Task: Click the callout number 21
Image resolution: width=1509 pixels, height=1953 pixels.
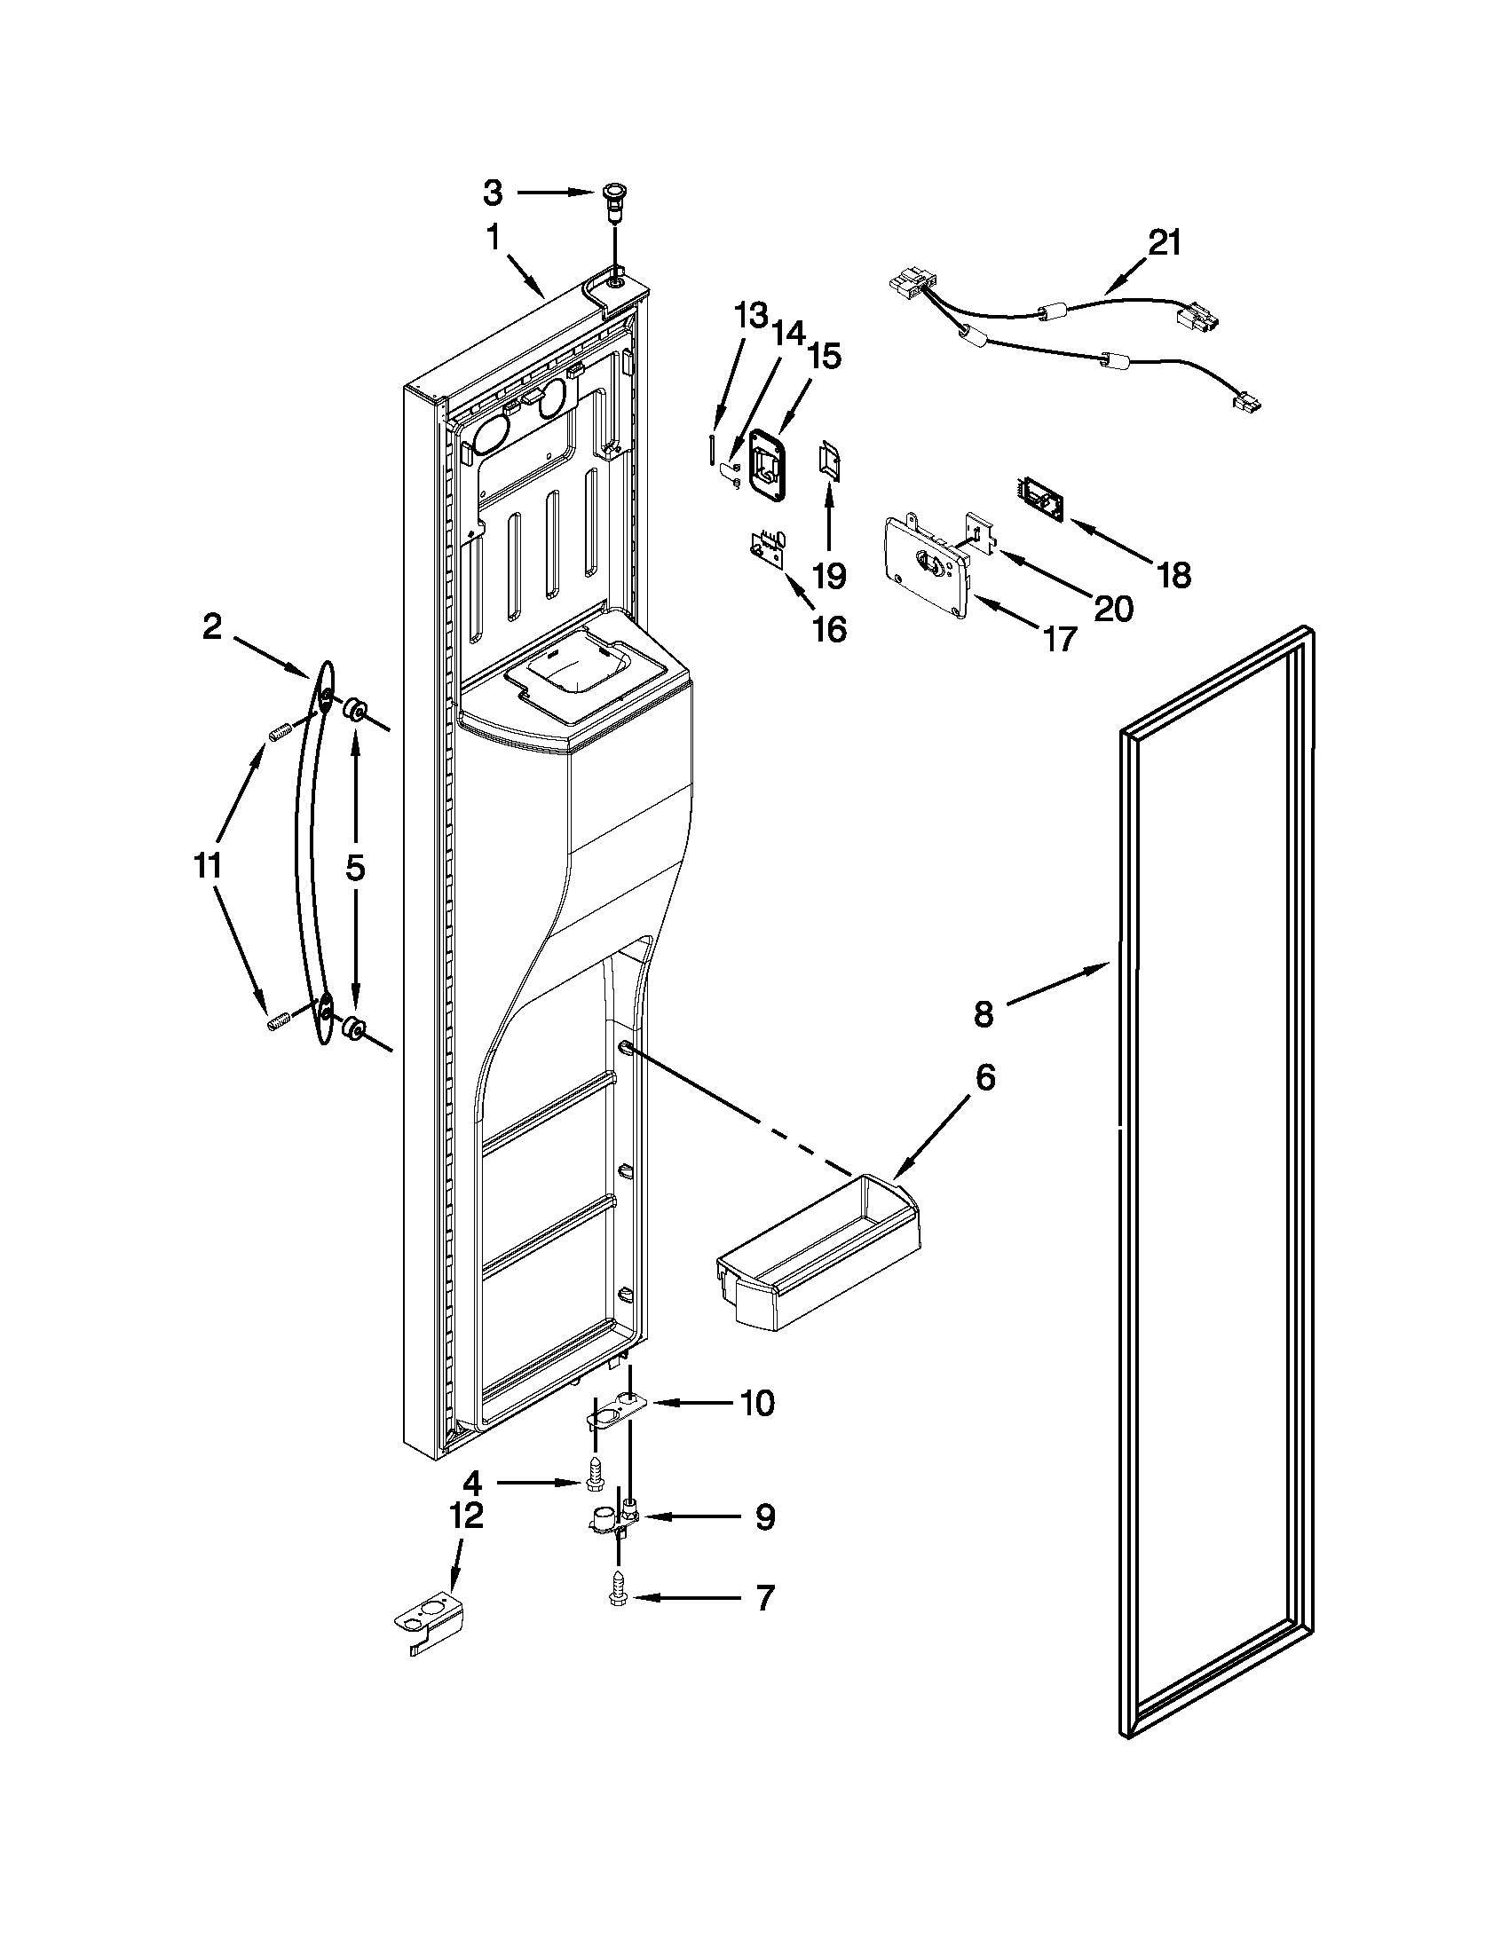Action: click(1164, 242)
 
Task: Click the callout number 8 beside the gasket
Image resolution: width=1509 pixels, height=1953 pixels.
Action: click(983, 1014)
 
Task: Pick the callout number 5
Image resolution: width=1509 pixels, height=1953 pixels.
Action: click(355, 867)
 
